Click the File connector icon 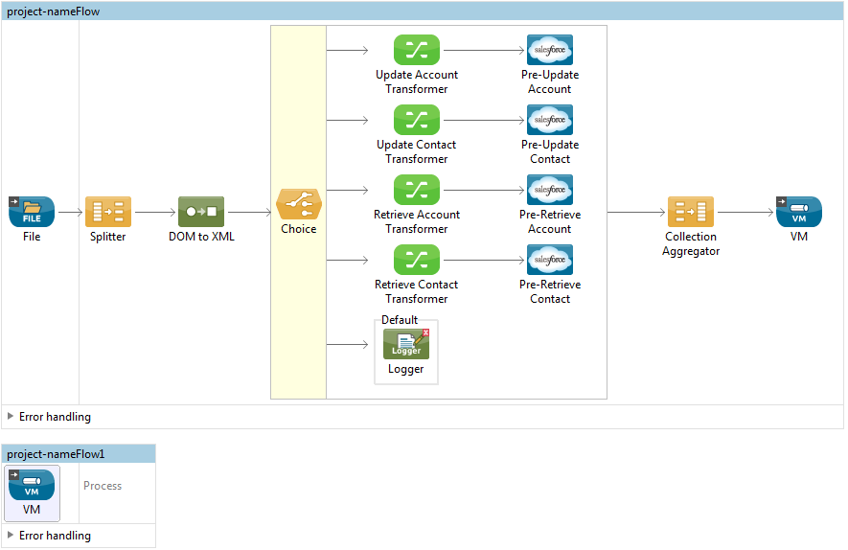[32, 212]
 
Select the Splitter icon [108, 212]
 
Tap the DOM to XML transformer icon [201, 212]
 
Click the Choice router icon [299, 204]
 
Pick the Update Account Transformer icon [417, 50]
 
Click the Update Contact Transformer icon [417, 120]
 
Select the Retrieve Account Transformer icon [417, 190]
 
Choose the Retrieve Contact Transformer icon [417, 260]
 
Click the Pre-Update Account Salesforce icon [550, 50]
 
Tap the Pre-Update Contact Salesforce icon [550, 120]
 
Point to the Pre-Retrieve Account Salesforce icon [550, 190]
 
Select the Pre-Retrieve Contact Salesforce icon [550, 260]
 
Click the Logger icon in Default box [406, 344]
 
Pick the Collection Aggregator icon [691, 212]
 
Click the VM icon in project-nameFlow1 [32, 484]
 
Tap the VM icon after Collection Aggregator [799, 212]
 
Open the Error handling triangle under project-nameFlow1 [11, 536]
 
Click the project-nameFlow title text [53, 11]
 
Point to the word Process [103, 486]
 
